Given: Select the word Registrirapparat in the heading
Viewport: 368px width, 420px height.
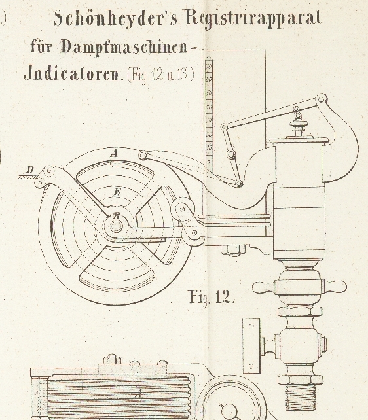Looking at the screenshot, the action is (253, 19).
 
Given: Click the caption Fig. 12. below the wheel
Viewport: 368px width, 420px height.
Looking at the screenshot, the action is (212, 297).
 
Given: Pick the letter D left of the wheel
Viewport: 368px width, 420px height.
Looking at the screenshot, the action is (30, 169).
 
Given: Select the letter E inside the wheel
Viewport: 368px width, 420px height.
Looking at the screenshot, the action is (117, 192).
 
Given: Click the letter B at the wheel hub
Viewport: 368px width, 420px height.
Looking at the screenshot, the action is (116, 216).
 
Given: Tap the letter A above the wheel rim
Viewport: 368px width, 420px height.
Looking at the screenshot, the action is (115, 154).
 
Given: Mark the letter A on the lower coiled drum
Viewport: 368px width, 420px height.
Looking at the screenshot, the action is (139, 393).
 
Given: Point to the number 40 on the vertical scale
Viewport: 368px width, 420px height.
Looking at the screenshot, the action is (209, 107).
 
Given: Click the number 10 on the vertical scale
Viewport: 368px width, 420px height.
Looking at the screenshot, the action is (209, 148).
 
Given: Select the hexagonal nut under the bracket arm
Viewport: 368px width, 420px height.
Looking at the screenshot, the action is (233, 251).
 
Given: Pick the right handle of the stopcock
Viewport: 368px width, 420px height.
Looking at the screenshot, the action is (333, 287).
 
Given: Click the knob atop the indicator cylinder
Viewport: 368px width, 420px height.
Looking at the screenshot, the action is (299, 129).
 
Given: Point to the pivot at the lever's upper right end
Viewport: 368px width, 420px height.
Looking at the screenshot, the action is (321, 99).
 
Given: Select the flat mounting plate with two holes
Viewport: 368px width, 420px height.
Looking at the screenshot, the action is (251, 346).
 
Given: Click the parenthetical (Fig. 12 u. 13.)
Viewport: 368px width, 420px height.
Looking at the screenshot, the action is (160, 75).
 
